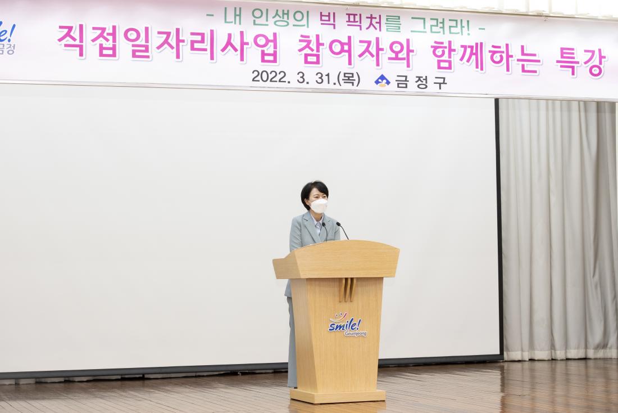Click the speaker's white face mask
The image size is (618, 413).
pyautogui.click(x=319, y=206)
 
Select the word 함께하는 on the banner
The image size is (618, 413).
pyautogui.click(x=487, y=59)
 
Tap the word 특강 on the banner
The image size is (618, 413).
pyautogui.click(x=581, y=62)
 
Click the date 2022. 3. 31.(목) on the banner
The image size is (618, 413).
pyautogui.click(x=306, y=78)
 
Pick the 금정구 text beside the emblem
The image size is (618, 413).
pyautogui.click(x=421, y=82)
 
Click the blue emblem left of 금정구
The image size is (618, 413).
pyautogui.click(x=382, y=80)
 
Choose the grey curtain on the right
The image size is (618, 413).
pyautogui.click(x=558, y=225)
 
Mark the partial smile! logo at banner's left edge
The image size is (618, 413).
pyautogui.click(x=7, y=37)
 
